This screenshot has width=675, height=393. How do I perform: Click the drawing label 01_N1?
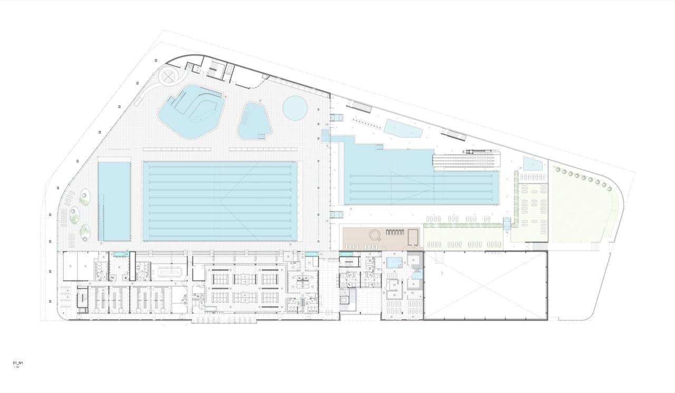18,363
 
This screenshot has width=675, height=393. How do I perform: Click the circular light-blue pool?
295,107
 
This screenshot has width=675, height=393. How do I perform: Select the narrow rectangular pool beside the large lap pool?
114,201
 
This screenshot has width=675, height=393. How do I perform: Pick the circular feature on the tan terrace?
375,234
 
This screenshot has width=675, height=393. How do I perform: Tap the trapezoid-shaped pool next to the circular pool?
254,121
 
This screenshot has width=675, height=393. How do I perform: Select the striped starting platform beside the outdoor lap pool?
464,160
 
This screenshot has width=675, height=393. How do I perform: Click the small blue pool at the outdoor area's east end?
532,164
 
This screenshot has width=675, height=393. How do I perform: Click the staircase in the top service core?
215,70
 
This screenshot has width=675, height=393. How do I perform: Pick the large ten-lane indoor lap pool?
220,201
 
